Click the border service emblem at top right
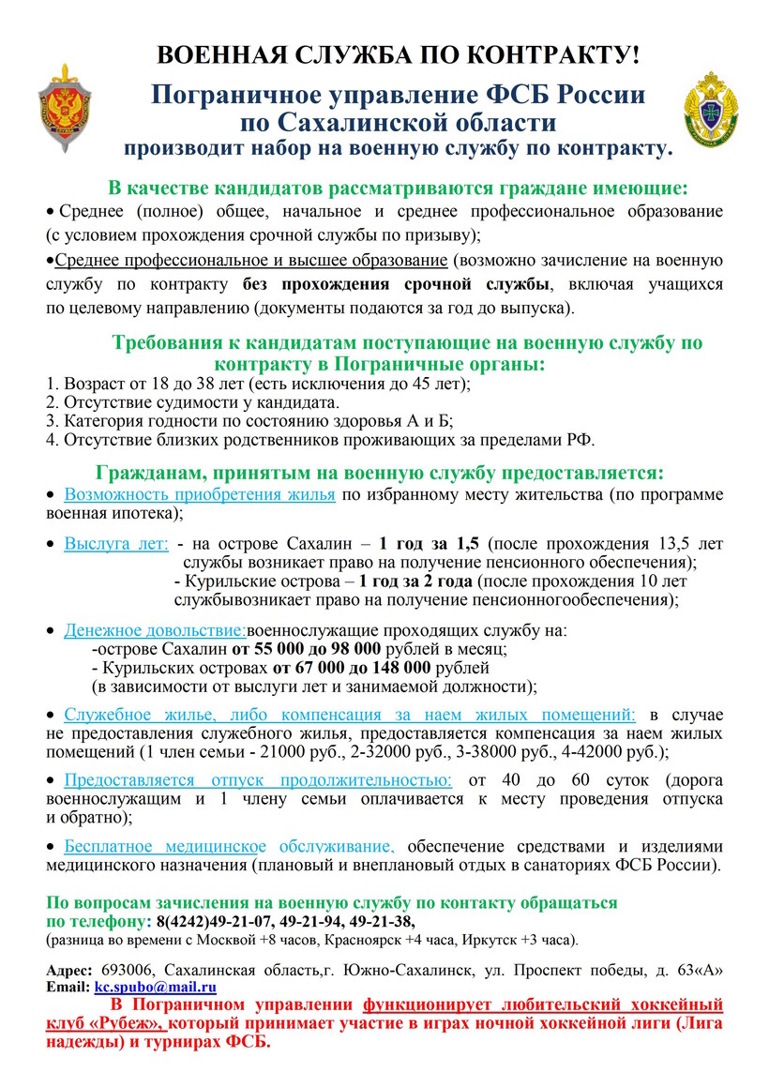point(708,110)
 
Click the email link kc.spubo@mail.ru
point(156,987)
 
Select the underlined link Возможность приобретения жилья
point(200,494)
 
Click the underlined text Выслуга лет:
point(116,543)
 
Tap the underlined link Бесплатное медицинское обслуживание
point(230,843)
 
